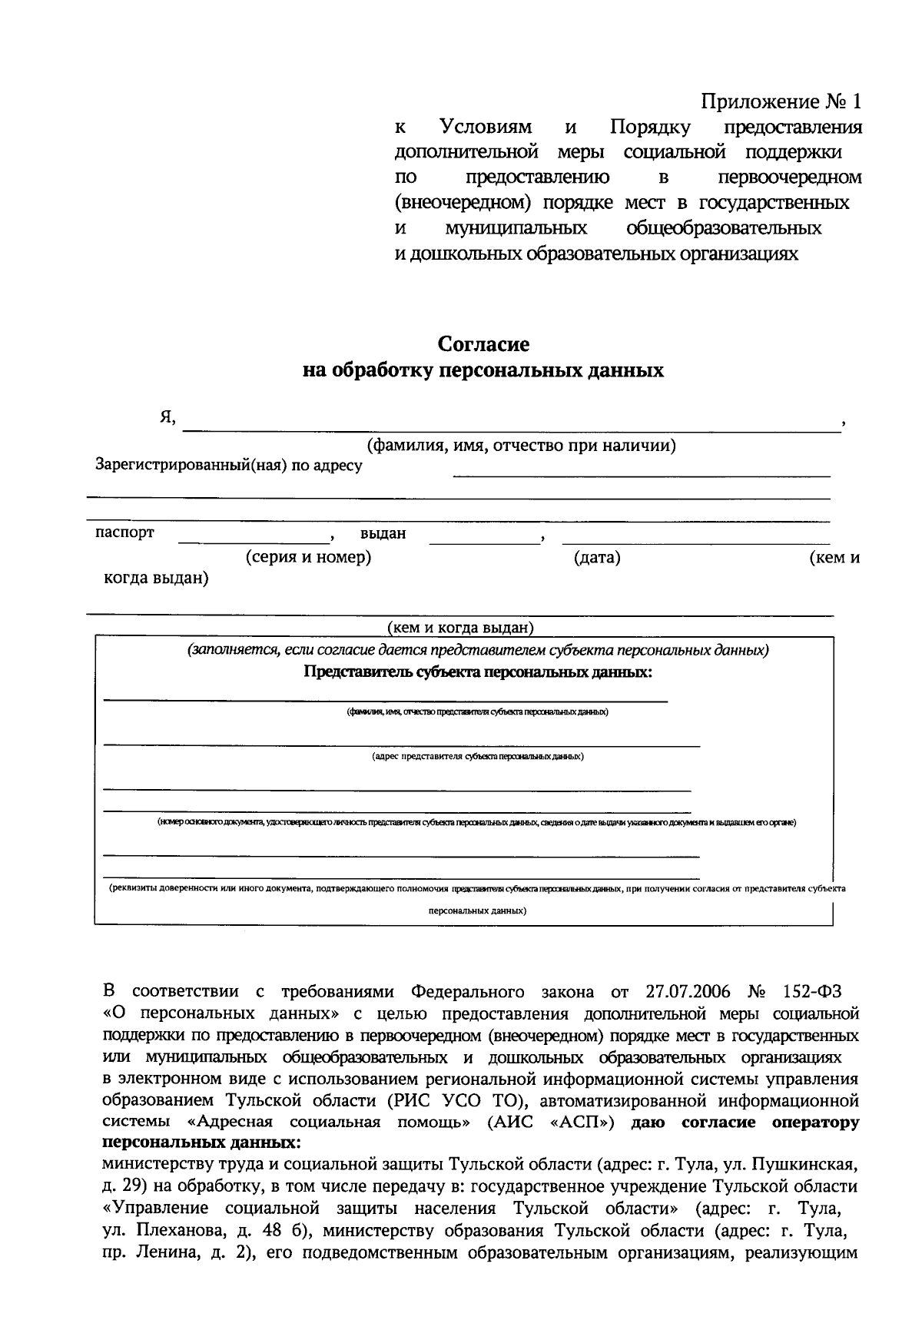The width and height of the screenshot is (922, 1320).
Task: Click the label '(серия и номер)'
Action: click(308, 557)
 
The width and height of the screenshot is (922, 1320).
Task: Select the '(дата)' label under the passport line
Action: click(597, 558)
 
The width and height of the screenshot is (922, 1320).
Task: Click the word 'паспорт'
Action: click(124, 532)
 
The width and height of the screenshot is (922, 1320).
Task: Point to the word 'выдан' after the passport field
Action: click(383, 533)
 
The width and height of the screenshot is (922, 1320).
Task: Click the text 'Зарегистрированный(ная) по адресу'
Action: click(228, 465)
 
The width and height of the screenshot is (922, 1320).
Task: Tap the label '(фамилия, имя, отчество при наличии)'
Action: click(521, 446)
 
